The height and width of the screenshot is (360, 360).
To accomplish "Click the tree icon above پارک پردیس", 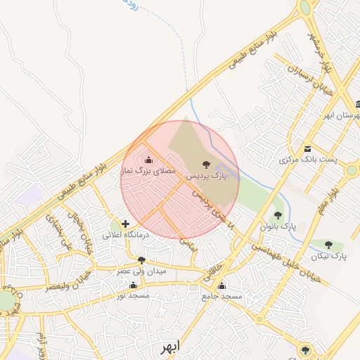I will pyautogui.click(x=205, y=164).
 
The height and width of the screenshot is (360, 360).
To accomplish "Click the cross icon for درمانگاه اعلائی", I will pyautogui.click(x=126, y=224).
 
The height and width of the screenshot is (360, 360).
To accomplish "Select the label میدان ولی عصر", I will pyautogui.click(x=141, y=271).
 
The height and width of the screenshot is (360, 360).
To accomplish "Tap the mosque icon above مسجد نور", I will pyautogui.click(x=134, y=285).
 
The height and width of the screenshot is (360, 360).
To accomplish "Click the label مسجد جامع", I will pyautogui.click(x=221, y=297).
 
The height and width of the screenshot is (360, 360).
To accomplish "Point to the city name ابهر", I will pyautogui.click(x=169, y=347).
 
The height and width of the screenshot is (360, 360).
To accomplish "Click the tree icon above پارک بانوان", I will pyautogui.click(x=278, y=216).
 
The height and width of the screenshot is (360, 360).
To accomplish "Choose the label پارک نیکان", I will pyautogui.click(x=329, y=255).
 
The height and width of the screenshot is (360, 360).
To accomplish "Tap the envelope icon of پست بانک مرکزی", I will pyautogui.click(x=308, y=149).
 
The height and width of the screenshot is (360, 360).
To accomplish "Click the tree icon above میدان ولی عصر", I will pyautogui.click(x=141, y=260).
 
